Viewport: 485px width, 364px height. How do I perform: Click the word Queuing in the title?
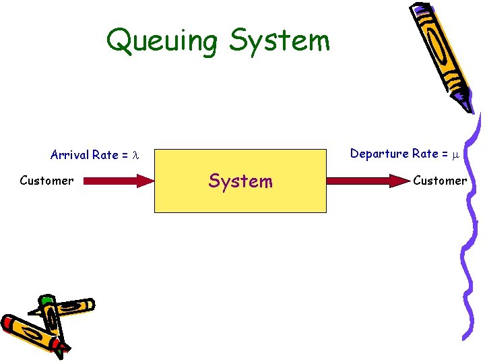click(162, 41)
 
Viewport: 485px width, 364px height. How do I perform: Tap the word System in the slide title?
click(280, 41)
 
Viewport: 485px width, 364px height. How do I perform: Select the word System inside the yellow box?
click(240, 181)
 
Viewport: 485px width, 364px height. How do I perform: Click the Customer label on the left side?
click(46, 181)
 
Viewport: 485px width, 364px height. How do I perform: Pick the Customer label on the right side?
click(440, 181)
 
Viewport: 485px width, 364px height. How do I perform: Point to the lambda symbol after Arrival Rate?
click(135, 156)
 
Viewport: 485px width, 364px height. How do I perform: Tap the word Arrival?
click(69, 155)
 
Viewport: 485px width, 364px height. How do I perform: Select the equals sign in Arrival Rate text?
click(125, 156)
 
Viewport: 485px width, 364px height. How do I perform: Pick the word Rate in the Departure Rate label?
click(425, 154)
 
